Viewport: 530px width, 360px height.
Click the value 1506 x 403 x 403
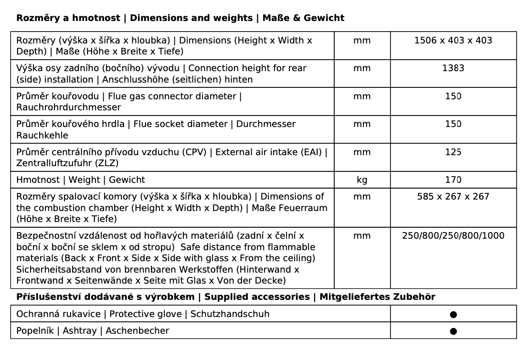point(453,41)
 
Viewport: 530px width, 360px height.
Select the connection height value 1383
point(453,68)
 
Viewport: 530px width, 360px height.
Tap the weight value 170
point(453,180)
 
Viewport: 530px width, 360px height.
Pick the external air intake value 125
point(453,152)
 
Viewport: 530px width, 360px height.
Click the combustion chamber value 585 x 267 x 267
point(453,197)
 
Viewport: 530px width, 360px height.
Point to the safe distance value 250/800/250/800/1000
point(453,236)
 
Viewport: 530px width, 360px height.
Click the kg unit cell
point(362,180)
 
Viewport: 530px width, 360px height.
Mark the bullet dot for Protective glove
point(453,315)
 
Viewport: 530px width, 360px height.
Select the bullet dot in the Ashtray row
point(453,331)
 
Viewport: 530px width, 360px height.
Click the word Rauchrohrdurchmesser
point(69,107)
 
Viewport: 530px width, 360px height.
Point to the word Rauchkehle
point(42,135)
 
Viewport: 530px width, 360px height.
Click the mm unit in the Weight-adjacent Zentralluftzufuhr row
point(362,152)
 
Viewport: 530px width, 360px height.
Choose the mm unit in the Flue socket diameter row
point(362,124)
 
